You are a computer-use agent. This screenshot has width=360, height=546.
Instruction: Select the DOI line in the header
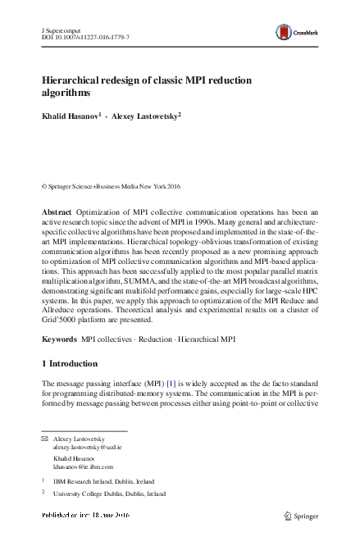pos(84,38)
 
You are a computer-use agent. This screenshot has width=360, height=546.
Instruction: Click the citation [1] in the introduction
pos(171,384)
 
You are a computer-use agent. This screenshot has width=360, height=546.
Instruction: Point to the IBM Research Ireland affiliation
pos(102,482)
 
